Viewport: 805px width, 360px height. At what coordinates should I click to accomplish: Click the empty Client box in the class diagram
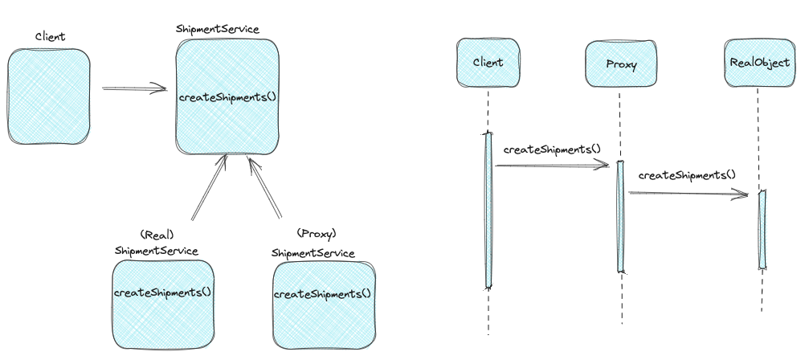(49, 96)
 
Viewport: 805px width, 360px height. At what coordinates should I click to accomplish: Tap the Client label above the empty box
(51, 36)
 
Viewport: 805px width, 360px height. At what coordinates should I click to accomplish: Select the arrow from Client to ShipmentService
(134, 89)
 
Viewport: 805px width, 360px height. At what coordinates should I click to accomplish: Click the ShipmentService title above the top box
(218, 29)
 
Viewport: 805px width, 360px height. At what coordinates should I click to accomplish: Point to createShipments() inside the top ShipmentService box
(228, 97)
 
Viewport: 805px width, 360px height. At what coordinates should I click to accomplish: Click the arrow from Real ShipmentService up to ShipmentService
(209, 187)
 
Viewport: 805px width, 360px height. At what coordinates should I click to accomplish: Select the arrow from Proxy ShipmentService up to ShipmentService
(264, 187)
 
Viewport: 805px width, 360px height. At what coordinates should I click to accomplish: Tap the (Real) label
(157, 235)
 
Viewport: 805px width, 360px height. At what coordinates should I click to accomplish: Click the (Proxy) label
(317, 234)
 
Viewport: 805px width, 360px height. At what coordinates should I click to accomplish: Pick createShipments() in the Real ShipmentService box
(162, 292)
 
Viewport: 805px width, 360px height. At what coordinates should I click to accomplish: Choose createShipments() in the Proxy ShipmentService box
(322, 294)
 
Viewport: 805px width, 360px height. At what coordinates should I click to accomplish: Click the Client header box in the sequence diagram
(488, 62)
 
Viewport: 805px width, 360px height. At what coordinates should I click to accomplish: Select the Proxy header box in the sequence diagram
(621, 63)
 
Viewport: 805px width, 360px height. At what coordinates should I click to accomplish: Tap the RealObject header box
(760, 63)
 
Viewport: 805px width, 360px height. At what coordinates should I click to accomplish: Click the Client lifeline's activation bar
(488, 211)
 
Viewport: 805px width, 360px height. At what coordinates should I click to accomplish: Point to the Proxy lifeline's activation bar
(621, 216)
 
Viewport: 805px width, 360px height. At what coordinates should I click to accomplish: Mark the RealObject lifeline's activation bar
(762, 230)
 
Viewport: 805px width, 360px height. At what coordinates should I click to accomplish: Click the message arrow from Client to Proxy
(552, 166)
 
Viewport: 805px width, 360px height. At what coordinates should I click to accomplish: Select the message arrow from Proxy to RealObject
(689, 194)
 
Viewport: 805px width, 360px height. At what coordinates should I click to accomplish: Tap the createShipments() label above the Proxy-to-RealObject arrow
(687, 175)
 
